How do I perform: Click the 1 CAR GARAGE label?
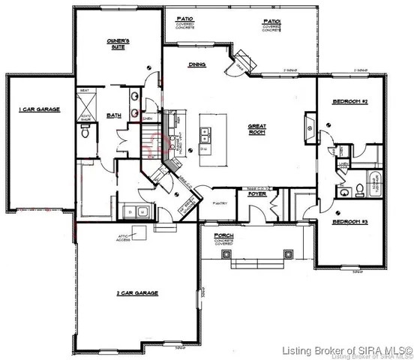pyautogui.click(x=39, y=110)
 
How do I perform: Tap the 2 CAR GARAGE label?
pyautogui.click(x=136, y=292)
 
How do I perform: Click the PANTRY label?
pyautogui.click(x=220, y=203)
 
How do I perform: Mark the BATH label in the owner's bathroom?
pyautogui.click(x=114, y=116)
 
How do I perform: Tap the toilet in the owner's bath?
pyautogui.click(x=85, y=133)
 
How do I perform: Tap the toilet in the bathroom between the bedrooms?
pyautogui.click(x=358, y=182)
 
